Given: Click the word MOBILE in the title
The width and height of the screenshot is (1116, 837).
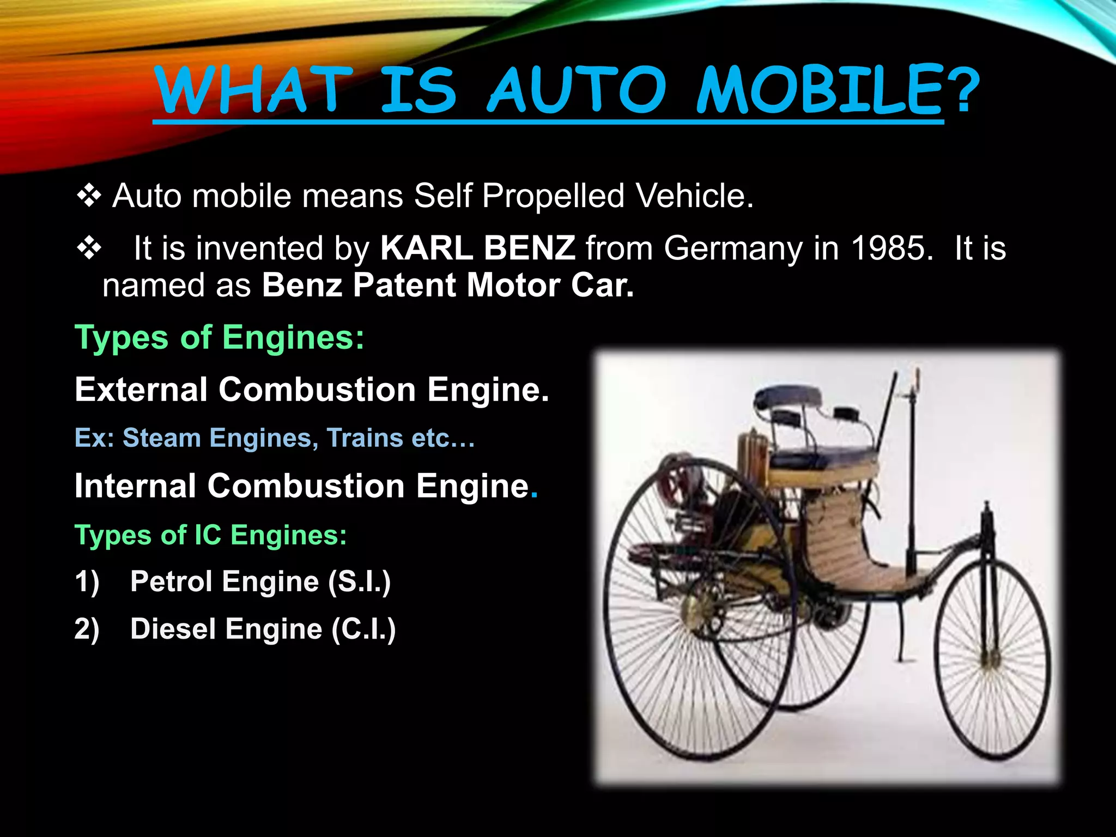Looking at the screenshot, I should [x=820, y=89].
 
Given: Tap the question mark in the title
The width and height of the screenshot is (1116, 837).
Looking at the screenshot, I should [x=963, y=89].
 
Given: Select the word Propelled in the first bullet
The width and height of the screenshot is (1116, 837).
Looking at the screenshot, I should [x=553, y=196].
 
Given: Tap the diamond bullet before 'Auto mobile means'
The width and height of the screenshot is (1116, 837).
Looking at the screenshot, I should [x=89, y=196].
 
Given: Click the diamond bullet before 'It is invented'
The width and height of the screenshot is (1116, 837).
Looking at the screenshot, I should [x=89, y=248].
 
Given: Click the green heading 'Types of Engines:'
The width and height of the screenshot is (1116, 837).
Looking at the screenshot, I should [x=219, y=337].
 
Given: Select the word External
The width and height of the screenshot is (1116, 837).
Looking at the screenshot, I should [x=141, y=390].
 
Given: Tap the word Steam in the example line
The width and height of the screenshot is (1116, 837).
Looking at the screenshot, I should [x=161, y=438].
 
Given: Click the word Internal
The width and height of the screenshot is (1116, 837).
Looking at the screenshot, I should [x=135, y=486].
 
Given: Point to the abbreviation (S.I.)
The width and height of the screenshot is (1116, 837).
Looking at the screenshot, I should [x=359, y=581].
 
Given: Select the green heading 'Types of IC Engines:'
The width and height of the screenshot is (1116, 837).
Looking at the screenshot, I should [x=210, y=535].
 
